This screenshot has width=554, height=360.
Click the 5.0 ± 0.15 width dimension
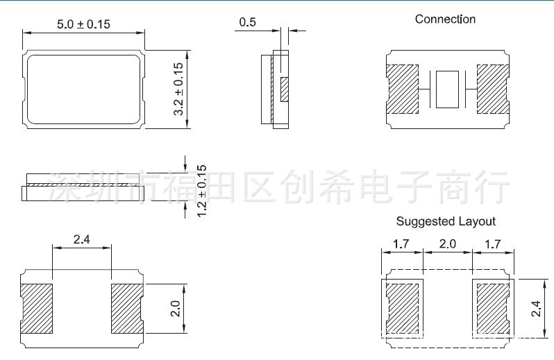pyautogui.click(x=83, y=24)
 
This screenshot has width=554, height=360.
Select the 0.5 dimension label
pyautogui.click(x=247, y=22)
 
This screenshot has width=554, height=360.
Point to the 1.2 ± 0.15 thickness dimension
pyautogui.click(x=202, y=189)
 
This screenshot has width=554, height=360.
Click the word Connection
pyautogui.click(x=445, y=19)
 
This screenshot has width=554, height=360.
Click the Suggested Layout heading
pyautogui.click(x=446, y=221)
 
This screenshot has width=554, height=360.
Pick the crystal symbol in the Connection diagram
pyautogui.click(x=447, y=89)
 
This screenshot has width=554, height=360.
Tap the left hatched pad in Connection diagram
pyautogui.click(x=403, y=89)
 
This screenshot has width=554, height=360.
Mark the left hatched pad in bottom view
pyautogui.click(x=37, y=307)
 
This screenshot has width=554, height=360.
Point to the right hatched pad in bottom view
pyautogui.click(x=127, y=307)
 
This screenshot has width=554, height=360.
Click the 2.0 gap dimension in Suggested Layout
pyautogui.click(x=447, y=244)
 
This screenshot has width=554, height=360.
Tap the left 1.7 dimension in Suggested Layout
pyautogui.click(x=401, y=244)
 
